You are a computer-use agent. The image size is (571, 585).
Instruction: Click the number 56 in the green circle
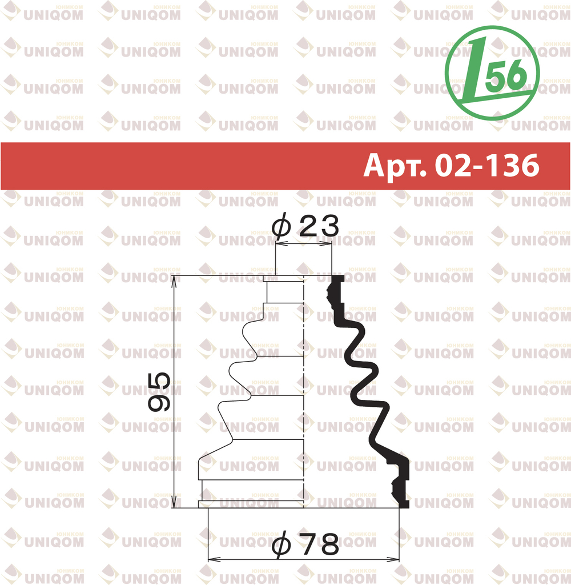508,76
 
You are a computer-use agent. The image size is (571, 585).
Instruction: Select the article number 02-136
487,165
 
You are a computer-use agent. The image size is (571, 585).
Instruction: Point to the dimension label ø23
305,225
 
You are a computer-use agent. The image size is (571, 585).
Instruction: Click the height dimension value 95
159,391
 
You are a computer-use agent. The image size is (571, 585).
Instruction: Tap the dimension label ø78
305,544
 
